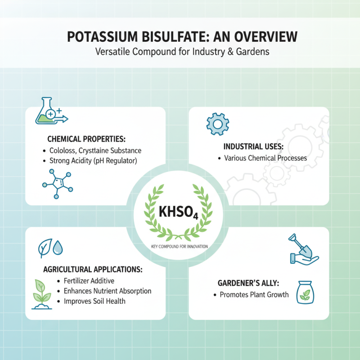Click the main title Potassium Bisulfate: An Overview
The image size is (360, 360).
pos(180,36)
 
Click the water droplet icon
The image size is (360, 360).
pos(58,247)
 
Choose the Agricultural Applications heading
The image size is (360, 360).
pos(93,270)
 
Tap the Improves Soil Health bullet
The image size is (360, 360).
pos(94,301)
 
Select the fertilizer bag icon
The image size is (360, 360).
pos(306,292)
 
